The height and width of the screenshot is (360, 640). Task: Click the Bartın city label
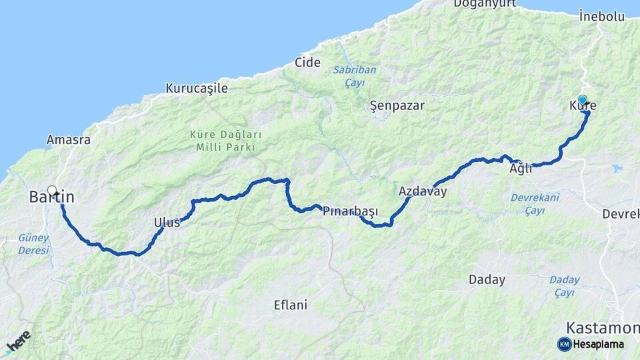(x=52, y=197)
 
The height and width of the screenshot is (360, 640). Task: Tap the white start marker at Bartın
(x=52, y=189)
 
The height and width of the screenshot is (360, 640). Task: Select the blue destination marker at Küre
(x=583, y=100)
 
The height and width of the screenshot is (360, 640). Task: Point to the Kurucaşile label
(x=197, y=88)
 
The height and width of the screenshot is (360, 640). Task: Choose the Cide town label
(x=307, y=63)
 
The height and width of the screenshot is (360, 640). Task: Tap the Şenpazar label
(x=397, y=105)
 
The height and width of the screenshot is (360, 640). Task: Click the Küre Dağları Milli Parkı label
(x=226, y=141)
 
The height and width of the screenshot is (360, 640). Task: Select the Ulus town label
(x=167, y=223)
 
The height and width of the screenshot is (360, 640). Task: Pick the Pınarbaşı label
(x=350, y=211)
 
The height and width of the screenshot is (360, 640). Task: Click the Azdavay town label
(x=423, y=191)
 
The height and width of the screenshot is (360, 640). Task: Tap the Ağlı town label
(x=521, y=169)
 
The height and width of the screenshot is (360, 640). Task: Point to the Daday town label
(x=487, y=280)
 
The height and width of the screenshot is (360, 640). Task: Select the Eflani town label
(x=291, y=305)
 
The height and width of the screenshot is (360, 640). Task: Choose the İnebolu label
(x=601, y=15)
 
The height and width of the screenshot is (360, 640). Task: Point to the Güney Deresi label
(x=33, y=243)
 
